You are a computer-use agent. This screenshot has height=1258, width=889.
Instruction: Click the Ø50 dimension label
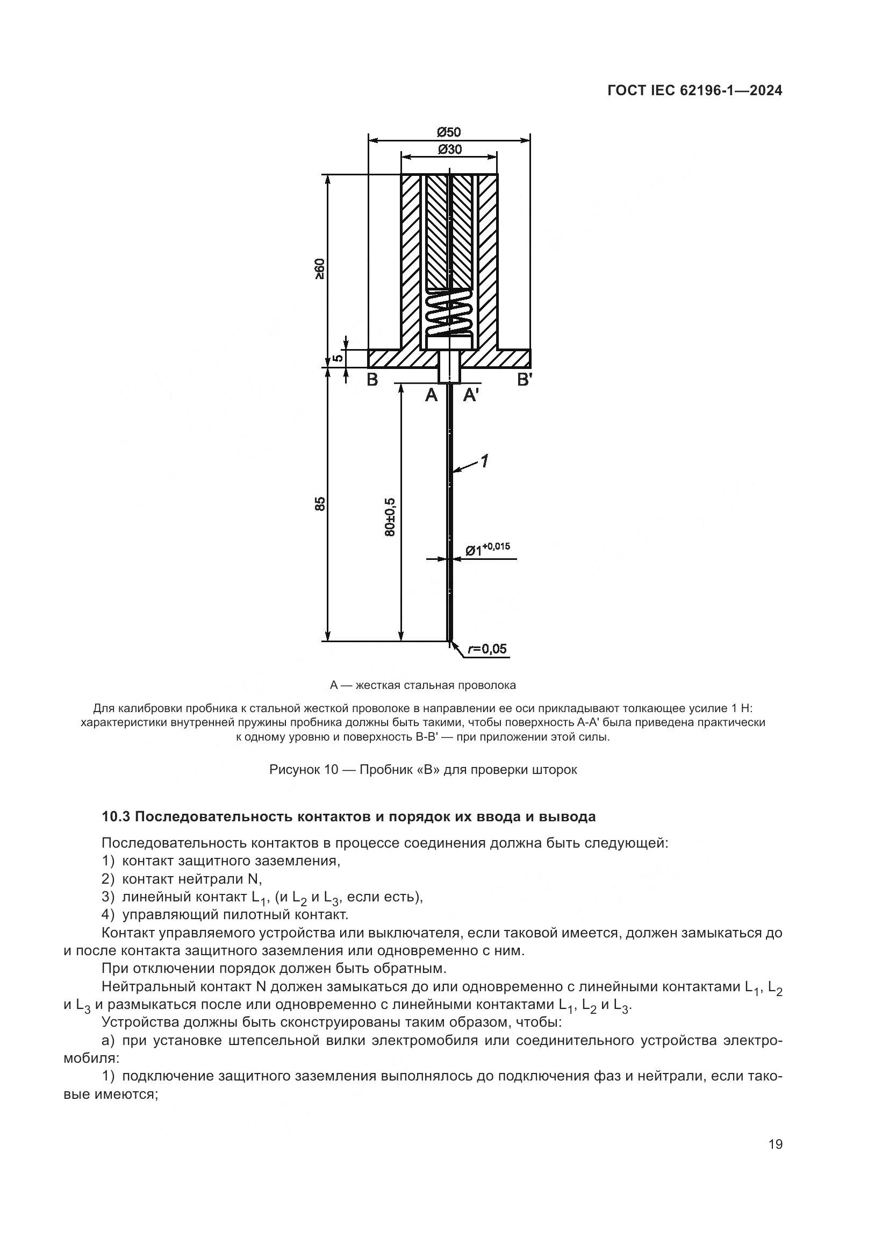(x=449, y=132)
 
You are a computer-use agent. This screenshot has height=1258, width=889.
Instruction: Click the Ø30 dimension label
(x=449, y=149)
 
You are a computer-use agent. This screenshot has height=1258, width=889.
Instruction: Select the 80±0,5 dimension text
(x=390, y=517)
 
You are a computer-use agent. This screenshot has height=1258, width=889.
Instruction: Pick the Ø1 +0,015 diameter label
(x=487, y=549)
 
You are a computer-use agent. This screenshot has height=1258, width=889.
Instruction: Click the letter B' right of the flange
(x=525, y=379)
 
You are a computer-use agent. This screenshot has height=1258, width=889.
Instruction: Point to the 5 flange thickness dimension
(x=338, y=358)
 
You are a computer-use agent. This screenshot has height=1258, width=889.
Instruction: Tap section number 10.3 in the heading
(x=116, y=817)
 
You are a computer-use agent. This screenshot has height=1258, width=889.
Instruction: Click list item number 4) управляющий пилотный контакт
(x=108, y=914)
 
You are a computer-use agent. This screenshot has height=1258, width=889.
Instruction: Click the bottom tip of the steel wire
(x=449, y=640)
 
